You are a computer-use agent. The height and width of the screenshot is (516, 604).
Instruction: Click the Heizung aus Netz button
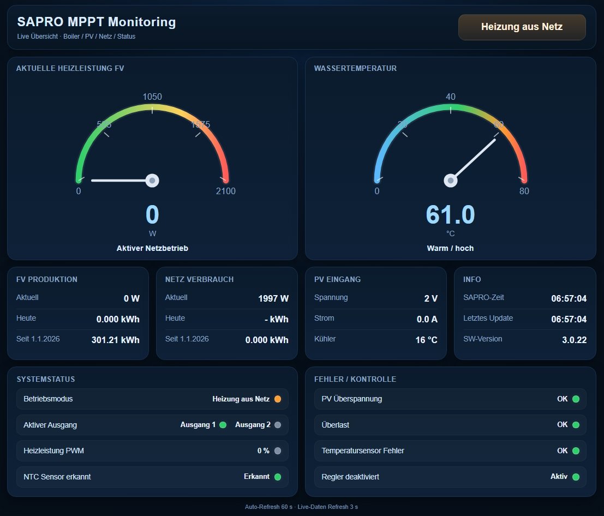point(522,27)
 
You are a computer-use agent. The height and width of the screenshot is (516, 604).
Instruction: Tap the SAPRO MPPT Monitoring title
point(97,22)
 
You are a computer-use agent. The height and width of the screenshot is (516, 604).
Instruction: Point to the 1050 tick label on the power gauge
point(152,97)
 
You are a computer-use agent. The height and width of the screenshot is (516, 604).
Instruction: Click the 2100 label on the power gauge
point(226,191)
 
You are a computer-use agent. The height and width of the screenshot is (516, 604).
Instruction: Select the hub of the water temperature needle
point(451,180)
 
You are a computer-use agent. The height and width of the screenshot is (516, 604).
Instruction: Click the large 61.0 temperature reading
point(450,215)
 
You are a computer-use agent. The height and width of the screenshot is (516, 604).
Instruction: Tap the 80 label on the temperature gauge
point(524,191)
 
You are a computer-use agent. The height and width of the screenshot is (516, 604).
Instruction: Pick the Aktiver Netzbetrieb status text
point(152,248)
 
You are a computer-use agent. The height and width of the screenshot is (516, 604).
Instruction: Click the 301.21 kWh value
point(115,340)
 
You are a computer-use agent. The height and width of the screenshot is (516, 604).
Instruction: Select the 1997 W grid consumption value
point(273,298)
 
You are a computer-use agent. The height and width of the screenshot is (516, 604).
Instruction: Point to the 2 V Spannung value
point(431,298)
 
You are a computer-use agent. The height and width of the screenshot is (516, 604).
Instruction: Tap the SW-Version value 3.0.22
point(574,340)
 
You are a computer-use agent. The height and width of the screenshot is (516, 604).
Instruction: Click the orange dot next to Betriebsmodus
point(278,399)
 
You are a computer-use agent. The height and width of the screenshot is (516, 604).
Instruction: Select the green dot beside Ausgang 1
point(223,425)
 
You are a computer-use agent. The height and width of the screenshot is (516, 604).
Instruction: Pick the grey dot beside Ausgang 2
point(278,425)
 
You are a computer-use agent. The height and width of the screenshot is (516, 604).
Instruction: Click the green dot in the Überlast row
point(576,425)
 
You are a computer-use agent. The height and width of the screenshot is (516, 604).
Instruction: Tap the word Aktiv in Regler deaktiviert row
point(559,477)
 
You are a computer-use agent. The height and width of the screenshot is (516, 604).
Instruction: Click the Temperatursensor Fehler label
point(363,451)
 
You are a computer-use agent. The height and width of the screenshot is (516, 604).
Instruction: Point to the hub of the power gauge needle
point(152,180)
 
